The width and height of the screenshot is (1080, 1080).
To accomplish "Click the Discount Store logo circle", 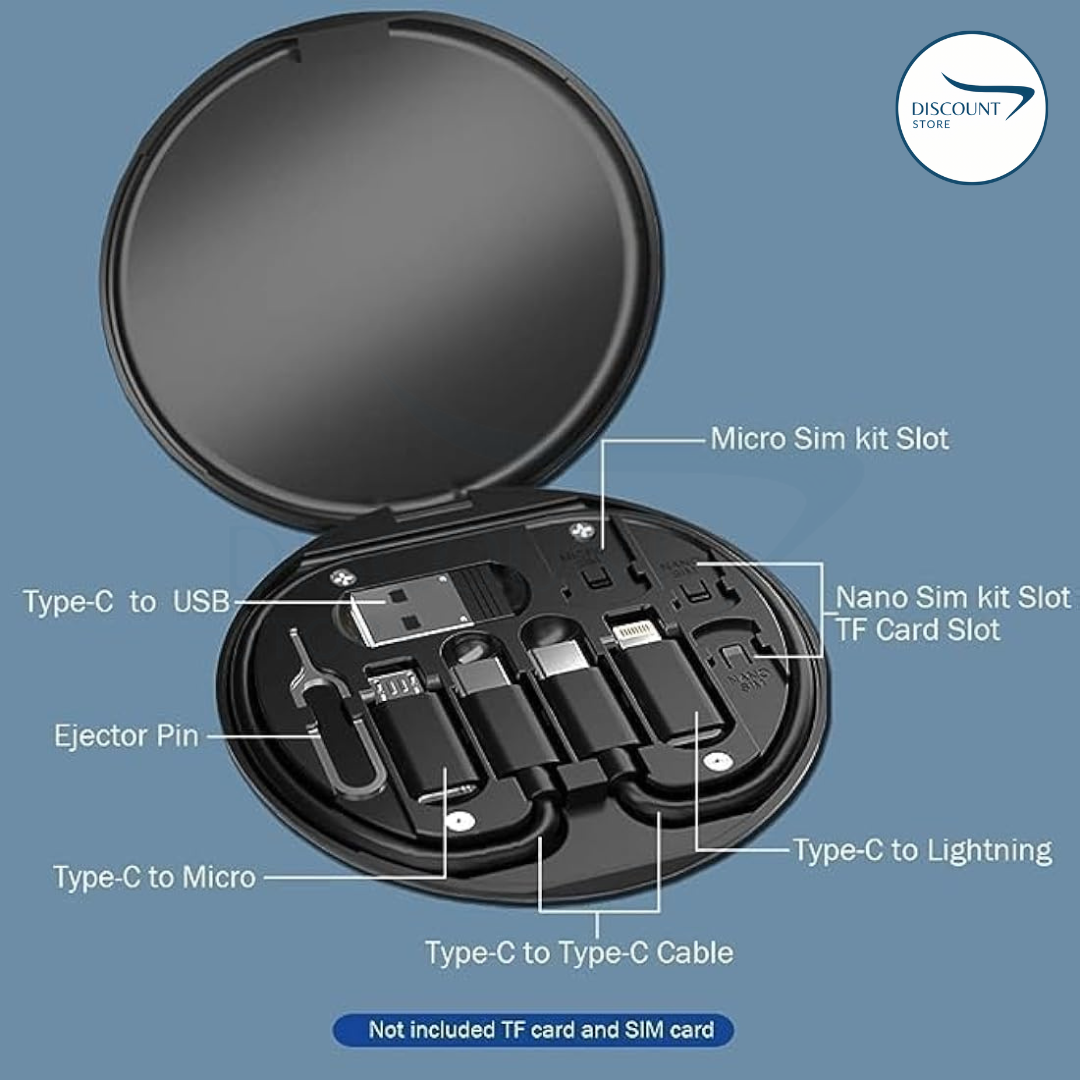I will click(x=971, y=108).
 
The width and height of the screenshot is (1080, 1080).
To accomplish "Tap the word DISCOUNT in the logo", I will click(x=955, y=109).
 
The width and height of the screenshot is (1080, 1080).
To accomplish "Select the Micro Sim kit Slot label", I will click(x=829, y=438).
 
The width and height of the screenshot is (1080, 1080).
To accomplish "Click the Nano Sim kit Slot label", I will click(x=952, y=598).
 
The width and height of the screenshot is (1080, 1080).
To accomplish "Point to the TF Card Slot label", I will click(x=917, y=630).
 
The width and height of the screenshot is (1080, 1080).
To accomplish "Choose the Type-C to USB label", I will click(x=126, y=602).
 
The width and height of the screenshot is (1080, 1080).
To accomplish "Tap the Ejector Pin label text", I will click(x=127, y=737).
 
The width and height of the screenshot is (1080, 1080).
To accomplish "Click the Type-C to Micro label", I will click(x=155, y=878).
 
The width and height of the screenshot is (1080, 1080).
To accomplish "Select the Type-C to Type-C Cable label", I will click(x=579, y=952).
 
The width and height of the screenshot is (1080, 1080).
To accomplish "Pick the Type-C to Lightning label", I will click(x=922, y=851).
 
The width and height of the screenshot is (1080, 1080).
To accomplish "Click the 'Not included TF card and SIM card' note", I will click(x=541, y=1030).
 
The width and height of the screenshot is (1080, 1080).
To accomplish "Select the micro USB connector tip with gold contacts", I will click(x=389, y=687).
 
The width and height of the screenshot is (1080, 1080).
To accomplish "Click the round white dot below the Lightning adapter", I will click(x=713, y=762).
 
